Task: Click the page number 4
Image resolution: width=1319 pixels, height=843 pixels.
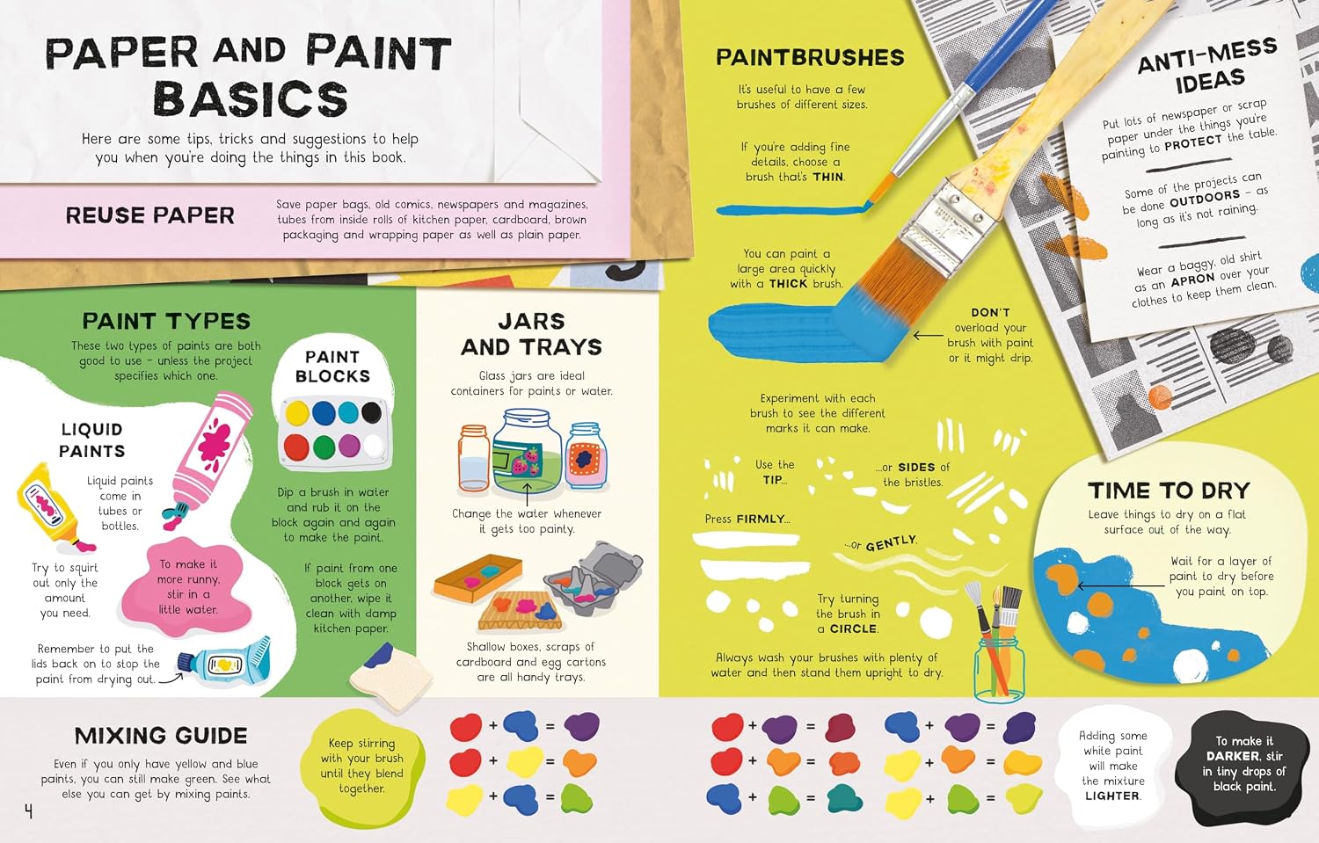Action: (28, 812)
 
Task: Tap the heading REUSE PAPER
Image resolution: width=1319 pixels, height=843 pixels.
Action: (150, 215)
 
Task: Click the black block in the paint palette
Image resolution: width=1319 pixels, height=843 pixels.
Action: (371, 412)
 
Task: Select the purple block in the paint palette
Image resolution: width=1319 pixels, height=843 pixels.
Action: (349, 446)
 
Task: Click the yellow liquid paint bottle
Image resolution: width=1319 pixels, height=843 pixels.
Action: (52, 507)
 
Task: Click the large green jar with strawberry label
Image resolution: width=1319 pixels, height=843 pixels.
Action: (527, 451)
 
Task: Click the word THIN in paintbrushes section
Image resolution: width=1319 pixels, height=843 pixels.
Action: (828, 177)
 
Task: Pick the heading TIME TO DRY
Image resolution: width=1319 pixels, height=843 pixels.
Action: (1169, 491)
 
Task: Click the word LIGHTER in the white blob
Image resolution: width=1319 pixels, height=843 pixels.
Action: (1112, 796)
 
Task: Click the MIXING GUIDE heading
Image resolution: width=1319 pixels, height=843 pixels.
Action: (161, 736)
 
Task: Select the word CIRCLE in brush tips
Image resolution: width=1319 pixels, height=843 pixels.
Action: (853, 629)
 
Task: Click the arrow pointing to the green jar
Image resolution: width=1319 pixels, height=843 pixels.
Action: (527, 495)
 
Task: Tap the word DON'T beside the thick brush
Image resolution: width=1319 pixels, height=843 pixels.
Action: (990, 313)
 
